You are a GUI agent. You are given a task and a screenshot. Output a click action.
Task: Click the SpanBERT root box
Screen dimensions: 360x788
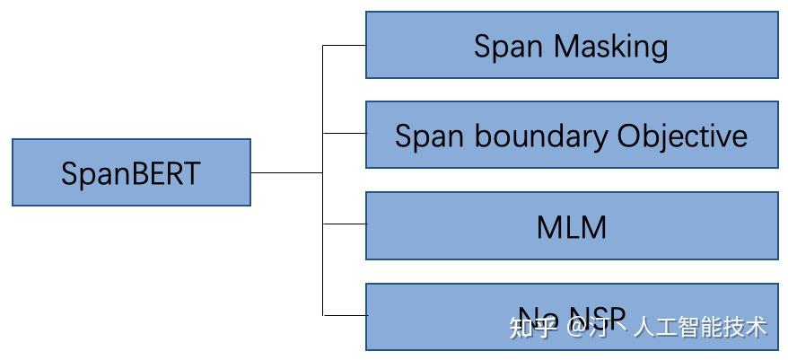pyautogui.click(x=131, y=172)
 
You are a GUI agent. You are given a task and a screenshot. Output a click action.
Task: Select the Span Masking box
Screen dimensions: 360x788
pyautogui.click(x=572, y=45)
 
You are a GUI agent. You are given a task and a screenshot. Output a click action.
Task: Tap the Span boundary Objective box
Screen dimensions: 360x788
pyautogui.click(x=572, y=135)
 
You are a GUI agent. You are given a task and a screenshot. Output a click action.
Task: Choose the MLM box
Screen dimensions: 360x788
pyautogui.click(x=572, y=226)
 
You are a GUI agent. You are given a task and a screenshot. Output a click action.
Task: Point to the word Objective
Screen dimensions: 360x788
pyautogui.click(x=682, y=136)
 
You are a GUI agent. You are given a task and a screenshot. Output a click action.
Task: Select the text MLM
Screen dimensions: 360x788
pyautogui.click(x=572, y=226)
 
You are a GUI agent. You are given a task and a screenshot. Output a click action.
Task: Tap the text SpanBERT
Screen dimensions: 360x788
pyautogui.click(x=131, y=173)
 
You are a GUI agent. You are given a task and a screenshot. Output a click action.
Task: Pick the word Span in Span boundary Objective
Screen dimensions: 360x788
pyautogui.click(x=429, y=136)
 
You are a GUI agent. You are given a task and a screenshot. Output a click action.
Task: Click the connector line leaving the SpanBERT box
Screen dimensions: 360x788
pyautogui.click(x=285, y=171)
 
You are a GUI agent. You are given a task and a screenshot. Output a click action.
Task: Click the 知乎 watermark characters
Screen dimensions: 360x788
pyautogui.click(x=532, y=327)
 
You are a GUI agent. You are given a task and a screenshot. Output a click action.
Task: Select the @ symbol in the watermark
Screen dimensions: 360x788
pyautogui.click(x=576, y=327)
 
